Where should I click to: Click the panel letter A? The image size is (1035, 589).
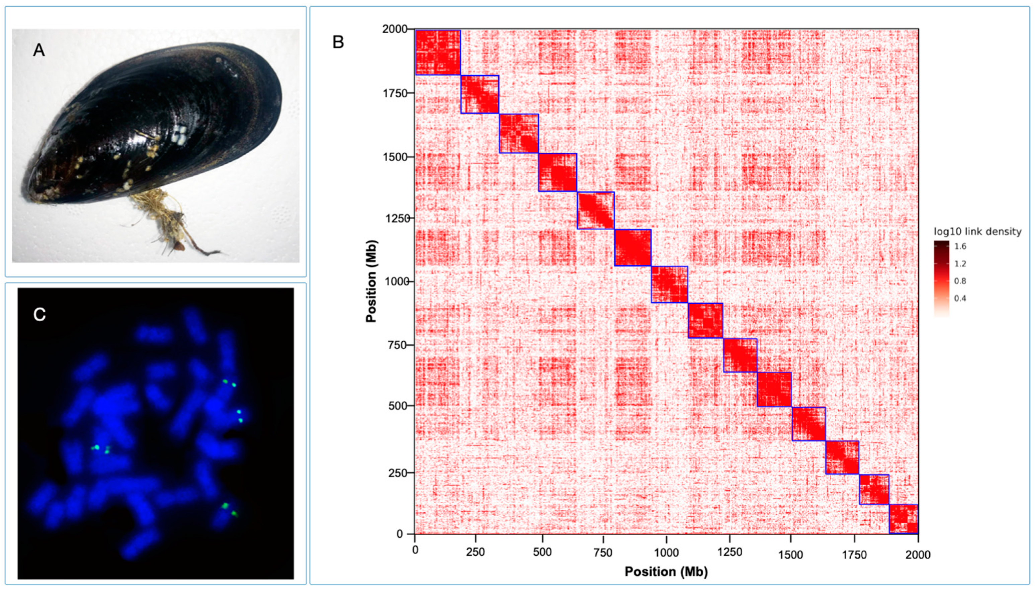click(39, 50)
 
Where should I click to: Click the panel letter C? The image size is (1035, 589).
click(39, 314)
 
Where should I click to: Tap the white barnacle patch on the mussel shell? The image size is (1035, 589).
click(179, 134)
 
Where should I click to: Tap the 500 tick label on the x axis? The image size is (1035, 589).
click(542, 553)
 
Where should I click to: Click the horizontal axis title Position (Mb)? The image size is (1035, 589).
click(666, 572)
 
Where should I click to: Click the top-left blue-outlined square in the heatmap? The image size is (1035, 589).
click(438, 52)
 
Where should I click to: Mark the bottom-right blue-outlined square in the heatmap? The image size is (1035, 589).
click(903, 519)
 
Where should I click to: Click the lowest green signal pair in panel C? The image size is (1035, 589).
click(229, 510)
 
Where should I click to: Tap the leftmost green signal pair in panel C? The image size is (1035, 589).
click(101, 449)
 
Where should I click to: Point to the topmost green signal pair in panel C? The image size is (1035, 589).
click(229, 383)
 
